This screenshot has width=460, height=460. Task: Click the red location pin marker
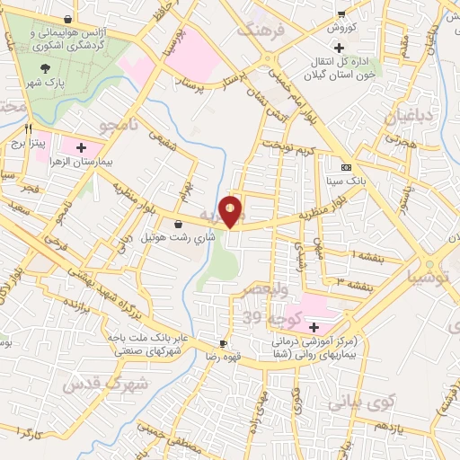coord(231,211)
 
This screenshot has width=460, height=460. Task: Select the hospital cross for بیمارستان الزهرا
coord(82,146)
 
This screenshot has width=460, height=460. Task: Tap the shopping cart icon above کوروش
coord(341,13)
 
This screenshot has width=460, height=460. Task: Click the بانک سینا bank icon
coord(346,168)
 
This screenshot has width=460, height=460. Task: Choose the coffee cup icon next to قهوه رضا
coord(223,343)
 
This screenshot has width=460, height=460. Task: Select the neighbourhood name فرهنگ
coord(259,31)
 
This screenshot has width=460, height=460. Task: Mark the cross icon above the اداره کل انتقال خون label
coord(338,46)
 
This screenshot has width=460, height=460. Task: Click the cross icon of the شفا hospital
coord(314,326)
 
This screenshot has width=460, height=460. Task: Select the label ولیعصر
coord(261,291)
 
